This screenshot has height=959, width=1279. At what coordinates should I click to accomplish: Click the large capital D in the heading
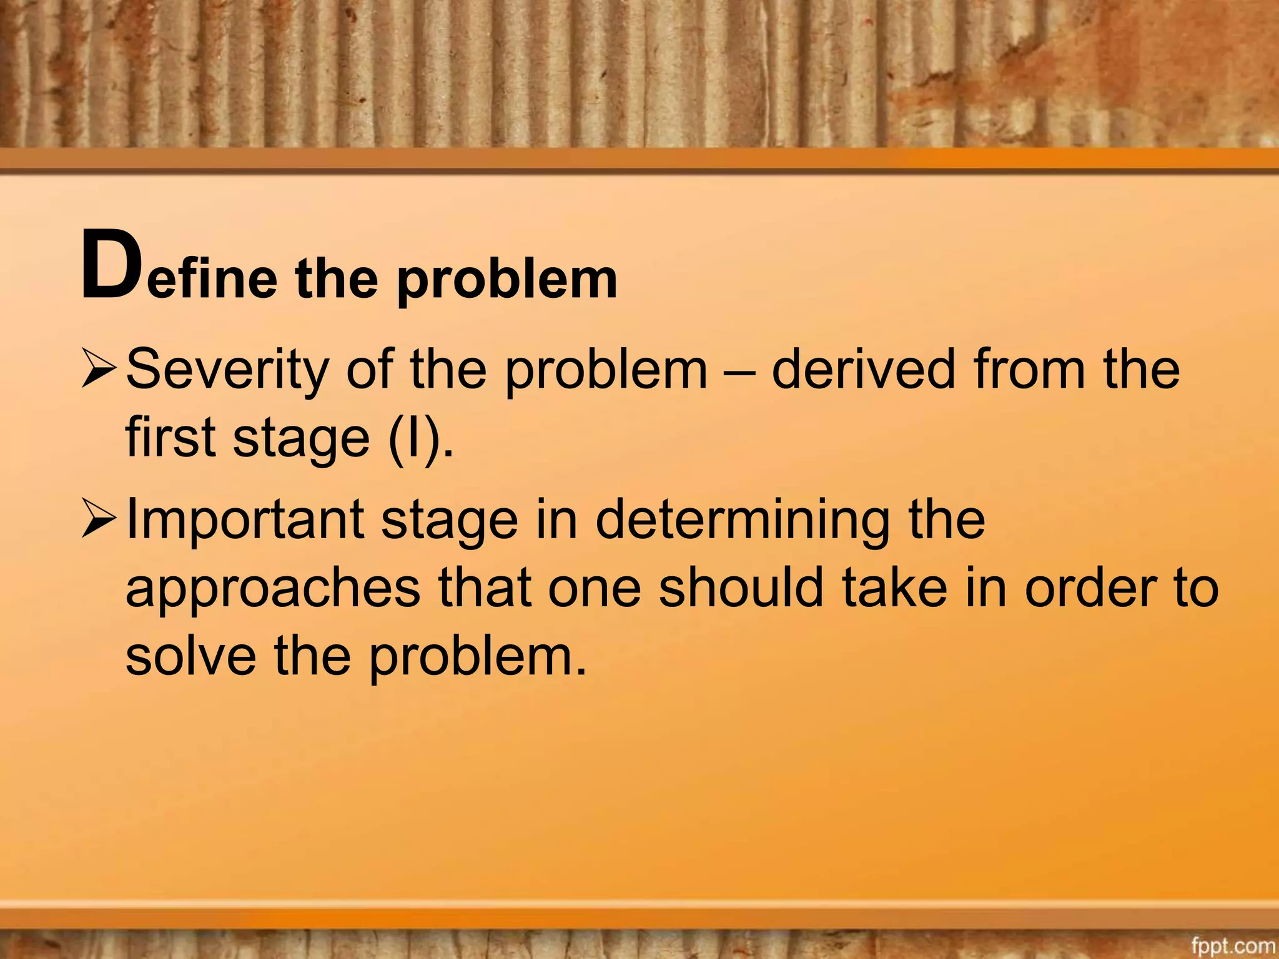[110, 265]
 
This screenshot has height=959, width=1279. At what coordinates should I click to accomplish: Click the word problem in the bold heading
[506, 279]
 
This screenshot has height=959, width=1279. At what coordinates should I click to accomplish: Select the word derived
[864, 369]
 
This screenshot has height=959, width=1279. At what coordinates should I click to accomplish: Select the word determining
[743, 520]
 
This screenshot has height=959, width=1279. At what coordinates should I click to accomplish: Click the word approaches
[273, 589]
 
